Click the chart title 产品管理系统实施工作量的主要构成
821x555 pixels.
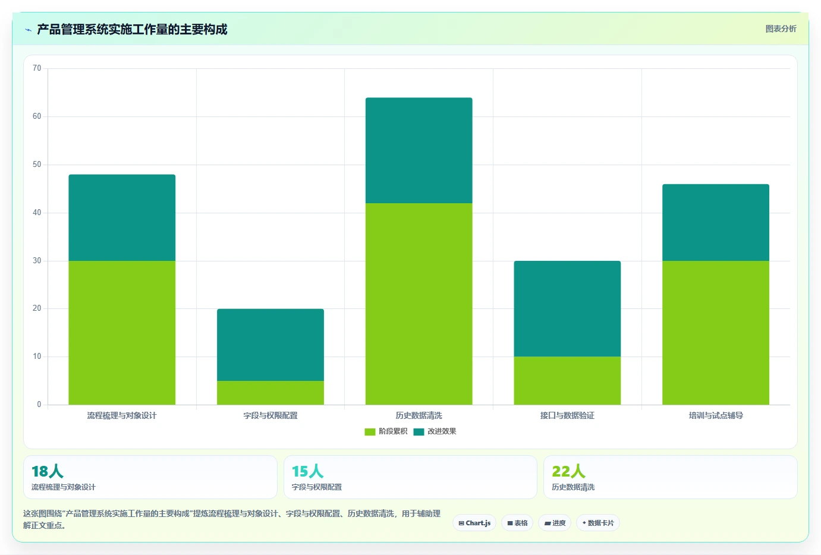pos(132,29)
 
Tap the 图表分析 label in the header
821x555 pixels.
pos(781,29)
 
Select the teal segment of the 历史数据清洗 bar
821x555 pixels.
pos(419,150)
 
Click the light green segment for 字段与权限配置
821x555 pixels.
pos(270,393)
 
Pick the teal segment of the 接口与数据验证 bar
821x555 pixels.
pos(567,309)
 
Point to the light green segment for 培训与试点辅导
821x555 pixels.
pos(715,333)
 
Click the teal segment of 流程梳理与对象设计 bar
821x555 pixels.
pos(122,217)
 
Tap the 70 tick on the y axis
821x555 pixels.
pos(37,68)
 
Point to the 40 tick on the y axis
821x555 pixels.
pos(37,213)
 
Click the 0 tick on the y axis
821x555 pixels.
pos(39,405)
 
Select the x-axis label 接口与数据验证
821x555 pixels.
pos(567,415)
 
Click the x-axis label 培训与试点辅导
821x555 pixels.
pos(715,415)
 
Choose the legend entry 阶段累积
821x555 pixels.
pos(386,431)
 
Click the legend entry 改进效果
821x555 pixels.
pos(435,431)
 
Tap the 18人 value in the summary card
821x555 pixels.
pos(48,471)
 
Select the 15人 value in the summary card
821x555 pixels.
pos(307,471)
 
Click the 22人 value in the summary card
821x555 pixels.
pos(568,471)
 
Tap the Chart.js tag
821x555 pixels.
pos(474,523)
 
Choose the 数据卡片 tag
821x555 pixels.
pos(598,523)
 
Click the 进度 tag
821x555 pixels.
pos(555,523)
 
